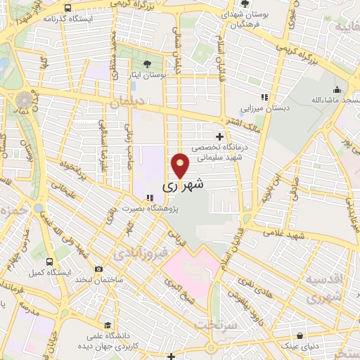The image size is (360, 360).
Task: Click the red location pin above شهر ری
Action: click(180, 166)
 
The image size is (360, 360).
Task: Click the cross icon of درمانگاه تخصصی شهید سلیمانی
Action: click(220, 136)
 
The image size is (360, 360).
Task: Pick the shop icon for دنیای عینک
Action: click(300, 335)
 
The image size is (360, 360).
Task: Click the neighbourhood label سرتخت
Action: click(215, 326)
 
